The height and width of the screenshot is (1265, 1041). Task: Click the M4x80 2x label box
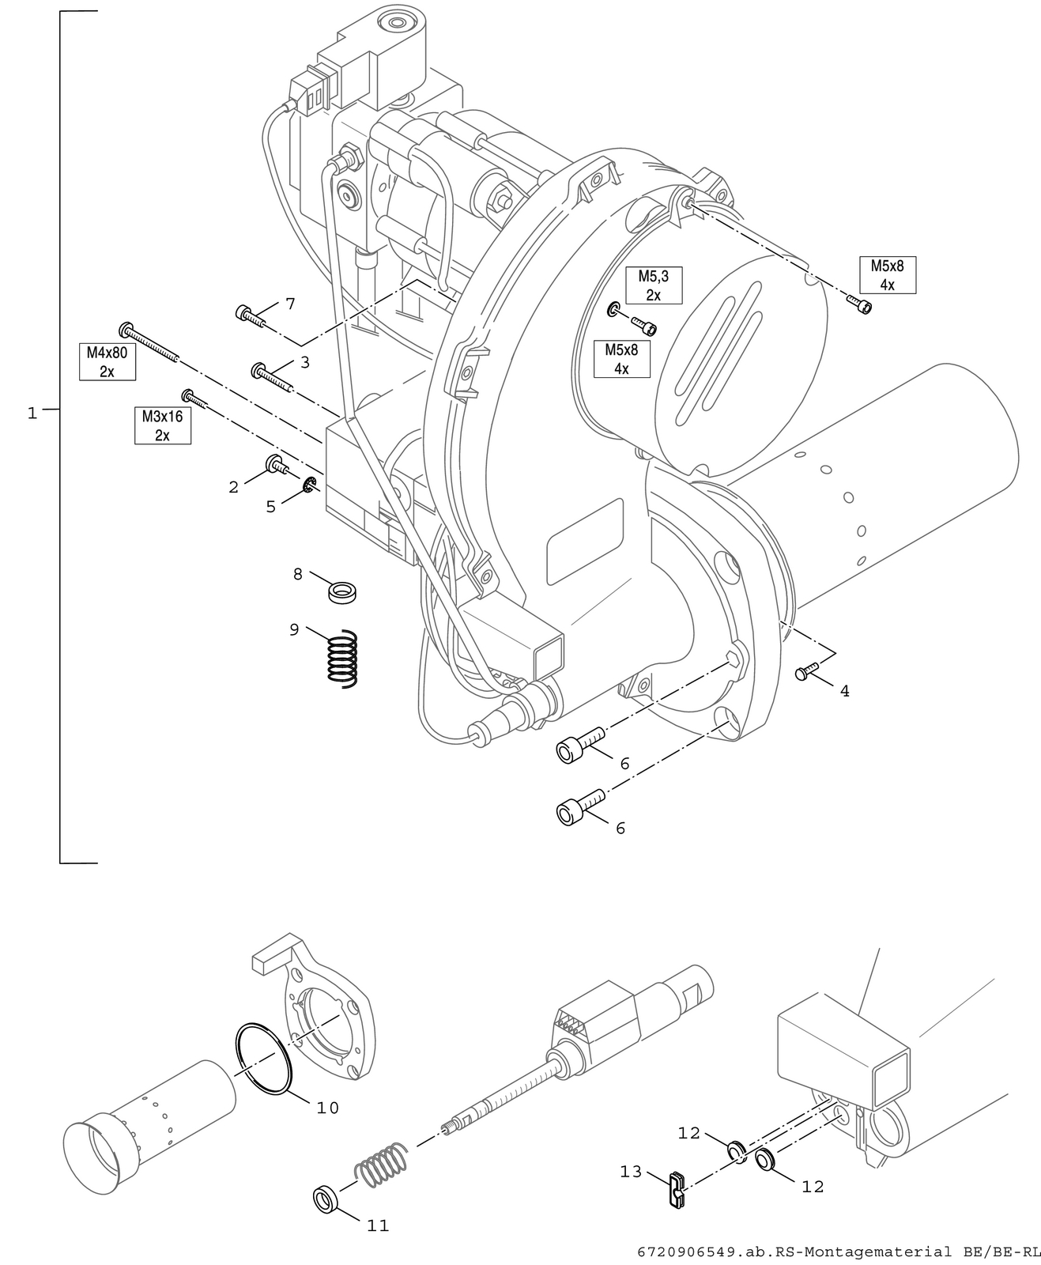(x=107, y=361)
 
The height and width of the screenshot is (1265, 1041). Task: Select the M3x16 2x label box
(x=163, y=425)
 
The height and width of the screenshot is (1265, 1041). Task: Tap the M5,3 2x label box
(x=654, y=285)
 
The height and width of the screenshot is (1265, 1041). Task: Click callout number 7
(x=290, y=304)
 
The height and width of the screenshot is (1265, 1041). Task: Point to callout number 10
(x=328, y=1108)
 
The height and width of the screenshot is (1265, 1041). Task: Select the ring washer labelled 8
(x=342, y=592)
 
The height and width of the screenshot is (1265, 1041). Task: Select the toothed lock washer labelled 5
(x=309, y=484)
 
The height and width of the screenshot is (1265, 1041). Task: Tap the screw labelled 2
(x=277, y=464)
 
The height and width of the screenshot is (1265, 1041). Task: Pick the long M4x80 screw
(x=149, y=342)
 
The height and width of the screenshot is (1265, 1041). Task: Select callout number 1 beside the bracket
(x=32, y=413)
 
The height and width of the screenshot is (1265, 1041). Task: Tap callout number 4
(x=845, y=692)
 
